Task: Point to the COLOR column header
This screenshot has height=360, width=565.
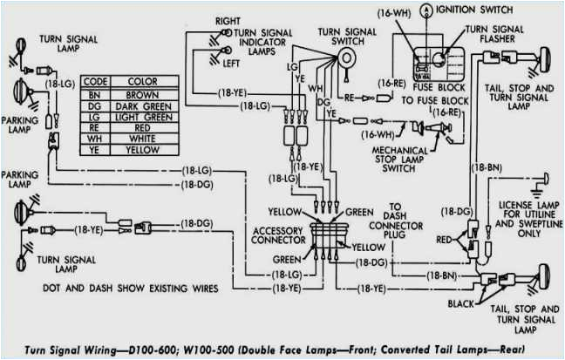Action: pos(141,81)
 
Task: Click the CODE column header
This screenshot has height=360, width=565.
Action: pos(94,81)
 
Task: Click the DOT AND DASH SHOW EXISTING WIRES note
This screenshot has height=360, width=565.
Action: pos(126,287)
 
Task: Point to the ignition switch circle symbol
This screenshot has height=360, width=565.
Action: pos(425,10)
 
